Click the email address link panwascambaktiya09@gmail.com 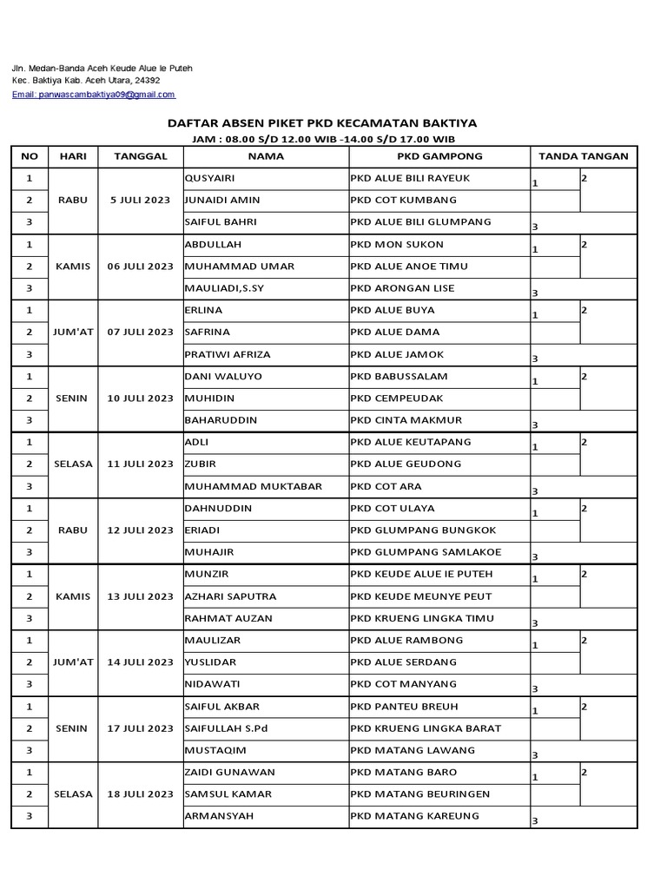coord(93,94)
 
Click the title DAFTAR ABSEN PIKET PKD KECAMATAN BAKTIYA coord(322,124)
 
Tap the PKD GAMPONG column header coord(439,156)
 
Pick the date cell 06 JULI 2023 coord(141,267)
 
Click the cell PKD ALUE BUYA coord(393,310)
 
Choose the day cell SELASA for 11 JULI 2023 coord(75,464)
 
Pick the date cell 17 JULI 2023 coord(141,728)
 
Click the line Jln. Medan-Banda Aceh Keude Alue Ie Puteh coord(102,68)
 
